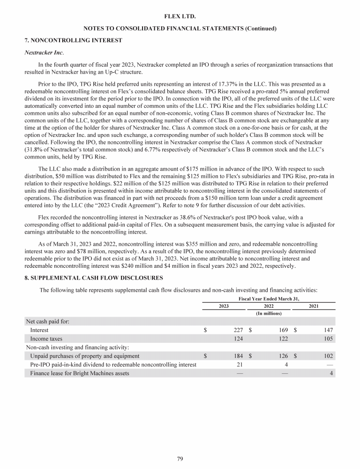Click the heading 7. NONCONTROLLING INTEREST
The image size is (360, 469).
(x=73, y=40)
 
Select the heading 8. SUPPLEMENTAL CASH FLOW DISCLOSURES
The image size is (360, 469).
(x=93, y=278)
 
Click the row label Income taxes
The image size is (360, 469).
(x=46, y=339)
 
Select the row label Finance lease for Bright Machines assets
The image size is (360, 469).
(x=80, y=373)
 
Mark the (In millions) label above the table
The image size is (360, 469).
(x=269, y=313)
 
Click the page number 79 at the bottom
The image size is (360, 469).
(x=180, y=459)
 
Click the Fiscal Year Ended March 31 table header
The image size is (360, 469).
(x=269, y=298)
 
